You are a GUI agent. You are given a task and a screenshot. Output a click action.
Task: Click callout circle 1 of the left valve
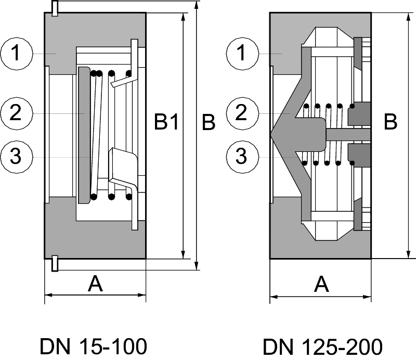[x=17, y=54]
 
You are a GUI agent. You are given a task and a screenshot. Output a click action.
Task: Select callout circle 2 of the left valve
[x=17, y=113]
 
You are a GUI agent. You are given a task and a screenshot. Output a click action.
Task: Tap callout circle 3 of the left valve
[x=17, y=156]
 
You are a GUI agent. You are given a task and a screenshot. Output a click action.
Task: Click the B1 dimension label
[x=167, y=123]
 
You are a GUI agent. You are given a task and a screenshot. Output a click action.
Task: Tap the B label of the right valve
[x=391, y=123]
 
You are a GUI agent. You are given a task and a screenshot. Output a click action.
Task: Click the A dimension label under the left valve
[x=95, y=284]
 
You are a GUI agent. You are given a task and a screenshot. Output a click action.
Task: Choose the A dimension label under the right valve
[x=322, y=284]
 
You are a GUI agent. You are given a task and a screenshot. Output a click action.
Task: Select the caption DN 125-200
[x=322, y=346]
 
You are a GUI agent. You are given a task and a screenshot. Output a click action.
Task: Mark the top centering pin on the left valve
[x=55, y=7]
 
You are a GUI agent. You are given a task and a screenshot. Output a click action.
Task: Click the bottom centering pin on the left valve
[x=55, y=264]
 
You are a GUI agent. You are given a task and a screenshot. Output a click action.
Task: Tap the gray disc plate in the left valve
[x=84, y=135]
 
